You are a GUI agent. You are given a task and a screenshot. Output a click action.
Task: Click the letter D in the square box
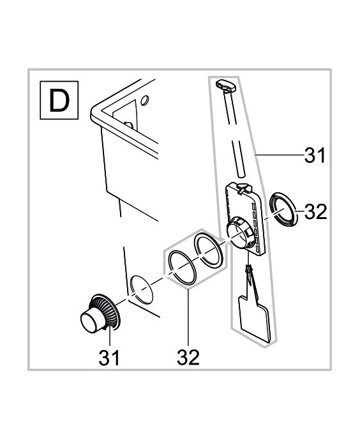coord(59,100)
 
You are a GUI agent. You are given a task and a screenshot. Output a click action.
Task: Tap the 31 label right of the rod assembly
coord(315,155)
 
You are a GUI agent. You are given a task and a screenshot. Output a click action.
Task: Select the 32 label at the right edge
coord(316,211)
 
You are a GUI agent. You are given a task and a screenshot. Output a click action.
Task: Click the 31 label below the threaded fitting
coord(109,358)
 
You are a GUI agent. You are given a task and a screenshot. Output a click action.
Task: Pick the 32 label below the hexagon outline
coord(188,358)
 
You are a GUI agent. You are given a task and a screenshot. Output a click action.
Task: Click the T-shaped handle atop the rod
coord(225,85)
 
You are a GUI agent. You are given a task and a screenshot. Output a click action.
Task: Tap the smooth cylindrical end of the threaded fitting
coord(90,322)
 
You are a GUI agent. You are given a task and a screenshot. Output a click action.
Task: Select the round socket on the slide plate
coord(238,232)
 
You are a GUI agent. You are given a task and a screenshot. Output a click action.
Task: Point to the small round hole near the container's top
coord(145,100)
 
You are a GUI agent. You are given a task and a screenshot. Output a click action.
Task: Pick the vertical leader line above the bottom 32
coord(188,317)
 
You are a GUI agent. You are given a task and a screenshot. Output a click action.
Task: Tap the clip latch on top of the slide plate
coord(243,188)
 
